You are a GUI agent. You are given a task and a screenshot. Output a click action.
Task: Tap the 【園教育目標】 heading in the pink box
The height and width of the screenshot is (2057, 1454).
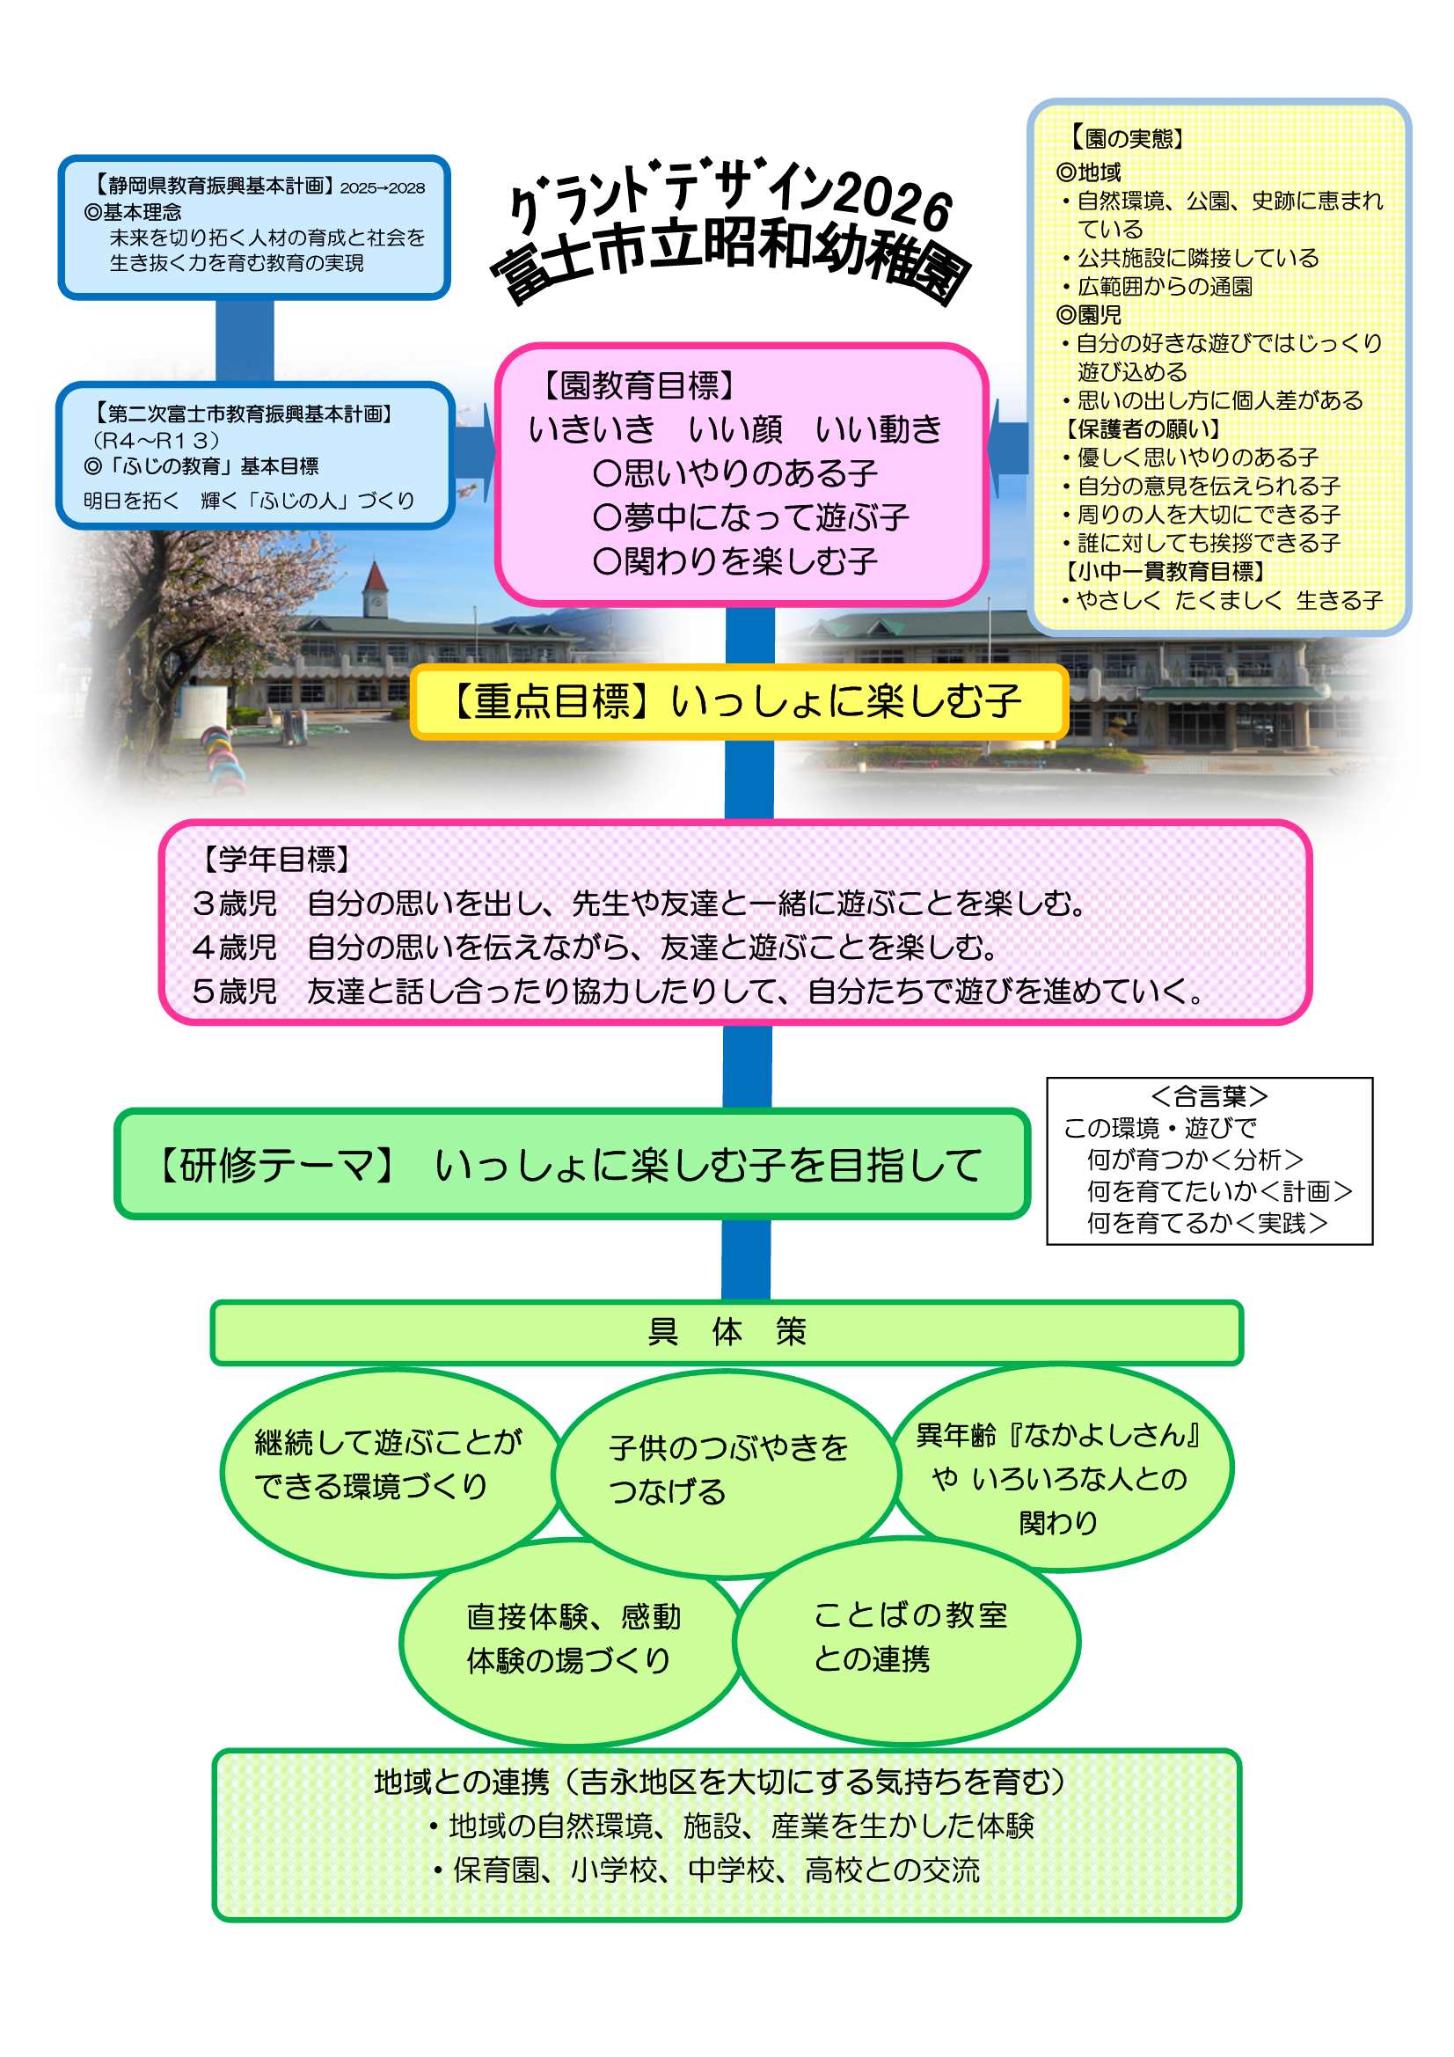point(638,385)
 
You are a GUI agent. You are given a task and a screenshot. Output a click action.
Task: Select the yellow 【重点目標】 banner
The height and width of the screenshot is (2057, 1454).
point(738,701)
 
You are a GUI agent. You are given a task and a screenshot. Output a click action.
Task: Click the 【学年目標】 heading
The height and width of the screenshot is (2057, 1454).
point(274,860)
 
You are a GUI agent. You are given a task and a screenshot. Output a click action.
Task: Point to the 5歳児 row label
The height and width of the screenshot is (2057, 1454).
point(234,991)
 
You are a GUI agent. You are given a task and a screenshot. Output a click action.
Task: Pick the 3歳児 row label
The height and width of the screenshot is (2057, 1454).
point(234,903)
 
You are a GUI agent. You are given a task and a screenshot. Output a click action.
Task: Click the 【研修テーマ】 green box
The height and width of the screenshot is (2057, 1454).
point(571,1165)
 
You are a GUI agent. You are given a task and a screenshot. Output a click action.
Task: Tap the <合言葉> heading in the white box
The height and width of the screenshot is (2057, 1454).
point(1209,1095)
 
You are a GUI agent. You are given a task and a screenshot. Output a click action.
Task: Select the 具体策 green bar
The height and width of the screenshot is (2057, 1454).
point(727,1332)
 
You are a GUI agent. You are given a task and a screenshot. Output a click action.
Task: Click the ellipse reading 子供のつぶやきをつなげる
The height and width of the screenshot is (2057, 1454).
point(727,1470)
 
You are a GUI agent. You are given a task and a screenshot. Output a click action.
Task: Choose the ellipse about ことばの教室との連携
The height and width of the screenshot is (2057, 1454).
point(907,1638)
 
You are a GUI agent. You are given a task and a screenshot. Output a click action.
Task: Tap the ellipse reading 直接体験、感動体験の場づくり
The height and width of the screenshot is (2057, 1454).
point(572,1639)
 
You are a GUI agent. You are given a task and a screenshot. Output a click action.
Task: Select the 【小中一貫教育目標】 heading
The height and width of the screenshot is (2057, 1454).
point(1163,572)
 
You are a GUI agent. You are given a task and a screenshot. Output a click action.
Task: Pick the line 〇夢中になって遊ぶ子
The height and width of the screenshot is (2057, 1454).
point(749,517)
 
